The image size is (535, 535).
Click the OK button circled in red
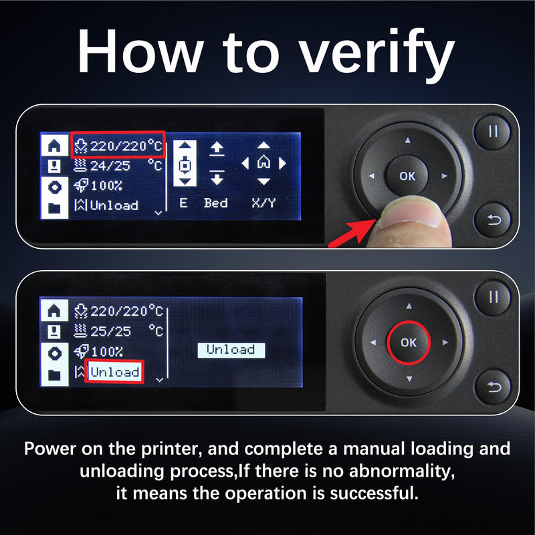coord(409,342)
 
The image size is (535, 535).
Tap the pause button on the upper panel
coord(492,131)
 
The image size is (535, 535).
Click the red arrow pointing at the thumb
coord(352,233)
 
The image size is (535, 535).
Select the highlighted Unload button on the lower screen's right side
coord(231,350)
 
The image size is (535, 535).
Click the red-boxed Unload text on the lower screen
coord(114,372)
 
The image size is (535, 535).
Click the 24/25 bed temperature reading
coord(110,166)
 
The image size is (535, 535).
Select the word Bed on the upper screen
coord(215,203)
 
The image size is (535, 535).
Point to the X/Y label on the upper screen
coord(263,203)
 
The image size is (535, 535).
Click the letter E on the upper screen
coord(183,203)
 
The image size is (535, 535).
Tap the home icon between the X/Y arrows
coord(263,163)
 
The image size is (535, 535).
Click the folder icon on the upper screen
coord(54,208)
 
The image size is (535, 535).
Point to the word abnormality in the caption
coord(402,471)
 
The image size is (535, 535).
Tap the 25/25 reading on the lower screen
coord(110,331)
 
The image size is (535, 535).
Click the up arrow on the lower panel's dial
coord(409,306)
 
